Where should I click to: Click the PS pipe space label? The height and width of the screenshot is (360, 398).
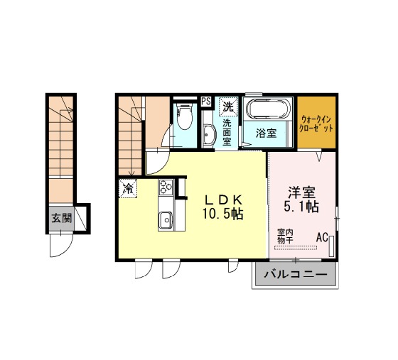[206, 102]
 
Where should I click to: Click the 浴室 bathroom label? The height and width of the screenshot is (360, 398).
[266, 133]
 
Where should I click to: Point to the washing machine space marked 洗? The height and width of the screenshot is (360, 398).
[228, 107]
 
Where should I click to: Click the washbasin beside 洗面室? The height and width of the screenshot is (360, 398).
[209, 136]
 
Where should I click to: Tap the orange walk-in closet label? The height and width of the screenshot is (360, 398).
[316, 124]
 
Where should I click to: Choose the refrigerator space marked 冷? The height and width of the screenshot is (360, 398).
[128, 188]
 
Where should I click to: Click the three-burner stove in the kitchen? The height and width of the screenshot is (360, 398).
[166, 187]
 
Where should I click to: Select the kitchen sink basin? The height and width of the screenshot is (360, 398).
[166, 220]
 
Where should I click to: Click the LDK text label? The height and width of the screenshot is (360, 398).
[224, 200]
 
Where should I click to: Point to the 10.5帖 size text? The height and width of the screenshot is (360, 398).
[222, 214]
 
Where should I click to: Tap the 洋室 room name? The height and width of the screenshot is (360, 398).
[301, 192]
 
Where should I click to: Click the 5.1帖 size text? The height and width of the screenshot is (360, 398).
[301, 207]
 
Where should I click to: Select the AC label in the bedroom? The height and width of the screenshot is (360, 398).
[322, 238]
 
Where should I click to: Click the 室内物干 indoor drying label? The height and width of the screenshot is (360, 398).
[286, 236]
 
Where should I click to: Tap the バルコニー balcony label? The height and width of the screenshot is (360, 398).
[296, 275]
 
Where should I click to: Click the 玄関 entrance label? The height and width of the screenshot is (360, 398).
[62, 218]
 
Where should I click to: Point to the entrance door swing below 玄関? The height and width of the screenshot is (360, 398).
[61, 245]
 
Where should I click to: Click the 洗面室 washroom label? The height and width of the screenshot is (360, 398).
[227, 132]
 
